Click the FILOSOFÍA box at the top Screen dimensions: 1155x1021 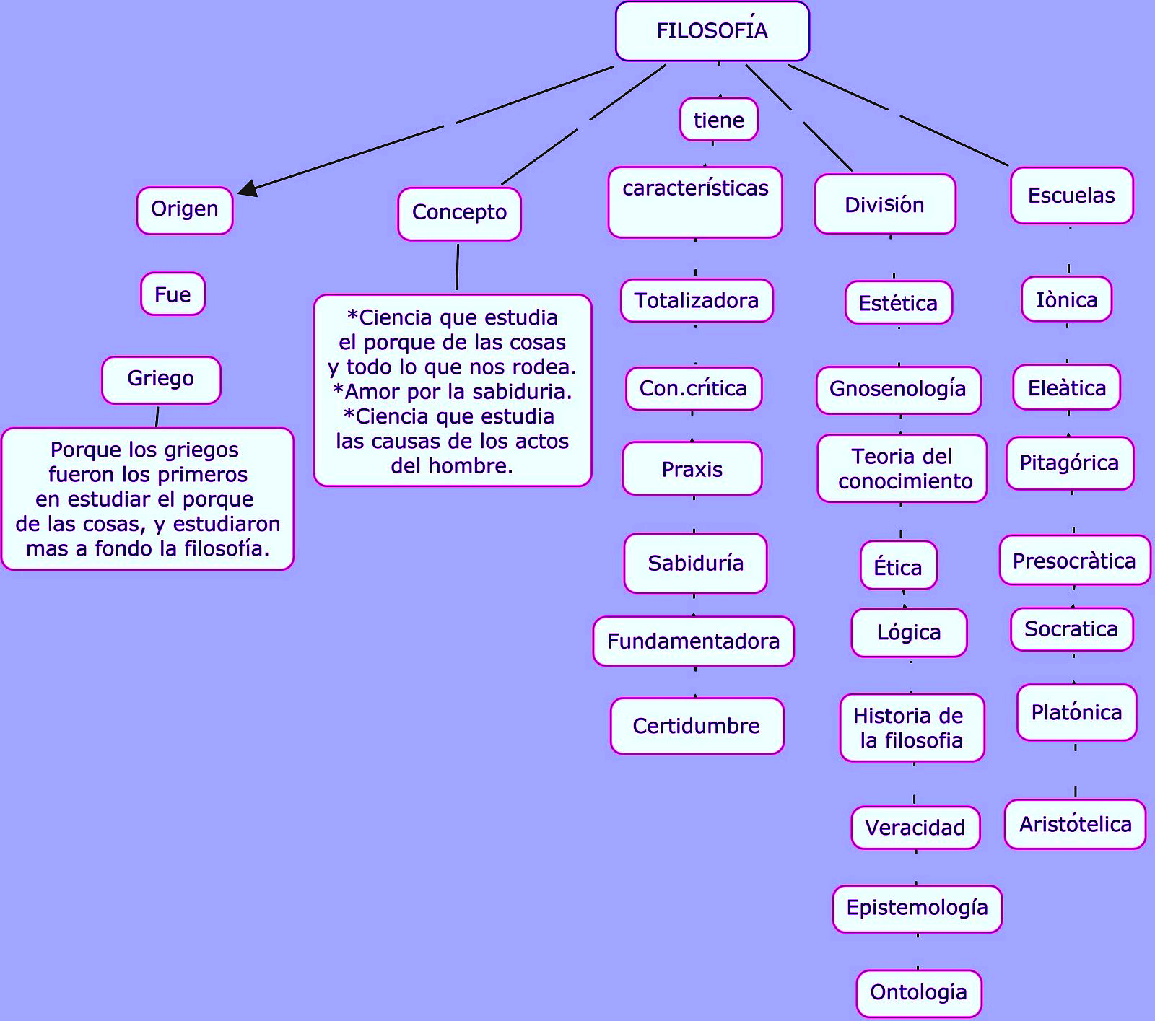pyautogui.click(x=712, y=31)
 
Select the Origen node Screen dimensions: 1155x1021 pyautogui.click(x=185, y=210)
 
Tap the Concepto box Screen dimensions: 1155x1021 pyautogui.click(x=459, y=214)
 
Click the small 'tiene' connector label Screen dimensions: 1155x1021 pyautogui.click(x=719, y=119)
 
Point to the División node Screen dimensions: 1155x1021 pyautogui.click(x=885, y=204)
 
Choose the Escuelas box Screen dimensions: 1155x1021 pyautogui.click(x=1072, y=196)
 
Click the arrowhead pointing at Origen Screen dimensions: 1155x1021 pyautogui.click(x=248, y=188)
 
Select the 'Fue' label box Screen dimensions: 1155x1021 pyautogui.click(x=173, y=294)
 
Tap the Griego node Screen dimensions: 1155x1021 pyautogui.click(x=161, y=380)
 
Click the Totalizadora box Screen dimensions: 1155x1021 pyautogui.click(x=697, y=300)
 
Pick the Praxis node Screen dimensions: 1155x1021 pyautogui.click(x=692, y=468)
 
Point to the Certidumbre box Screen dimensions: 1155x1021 pyautogui.click(x=697, y=726)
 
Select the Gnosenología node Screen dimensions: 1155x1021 pyautogui.click(x=899, y=390)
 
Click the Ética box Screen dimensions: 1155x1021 pyautogui.click(x=899, y=565)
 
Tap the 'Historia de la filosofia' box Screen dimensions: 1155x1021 pyautogui.click(x=912, y=727)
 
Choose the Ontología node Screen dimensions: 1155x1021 pyautogui.click(x=919, y=993)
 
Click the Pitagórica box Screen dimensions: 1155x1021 pyautogui.click(x=1070, y=463)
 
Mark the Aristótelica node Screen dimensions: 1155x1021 pyautogui.click(x=1076, y=824)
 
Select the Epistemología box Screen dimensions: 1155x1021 pyautogui.click(x=918, y=908)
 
